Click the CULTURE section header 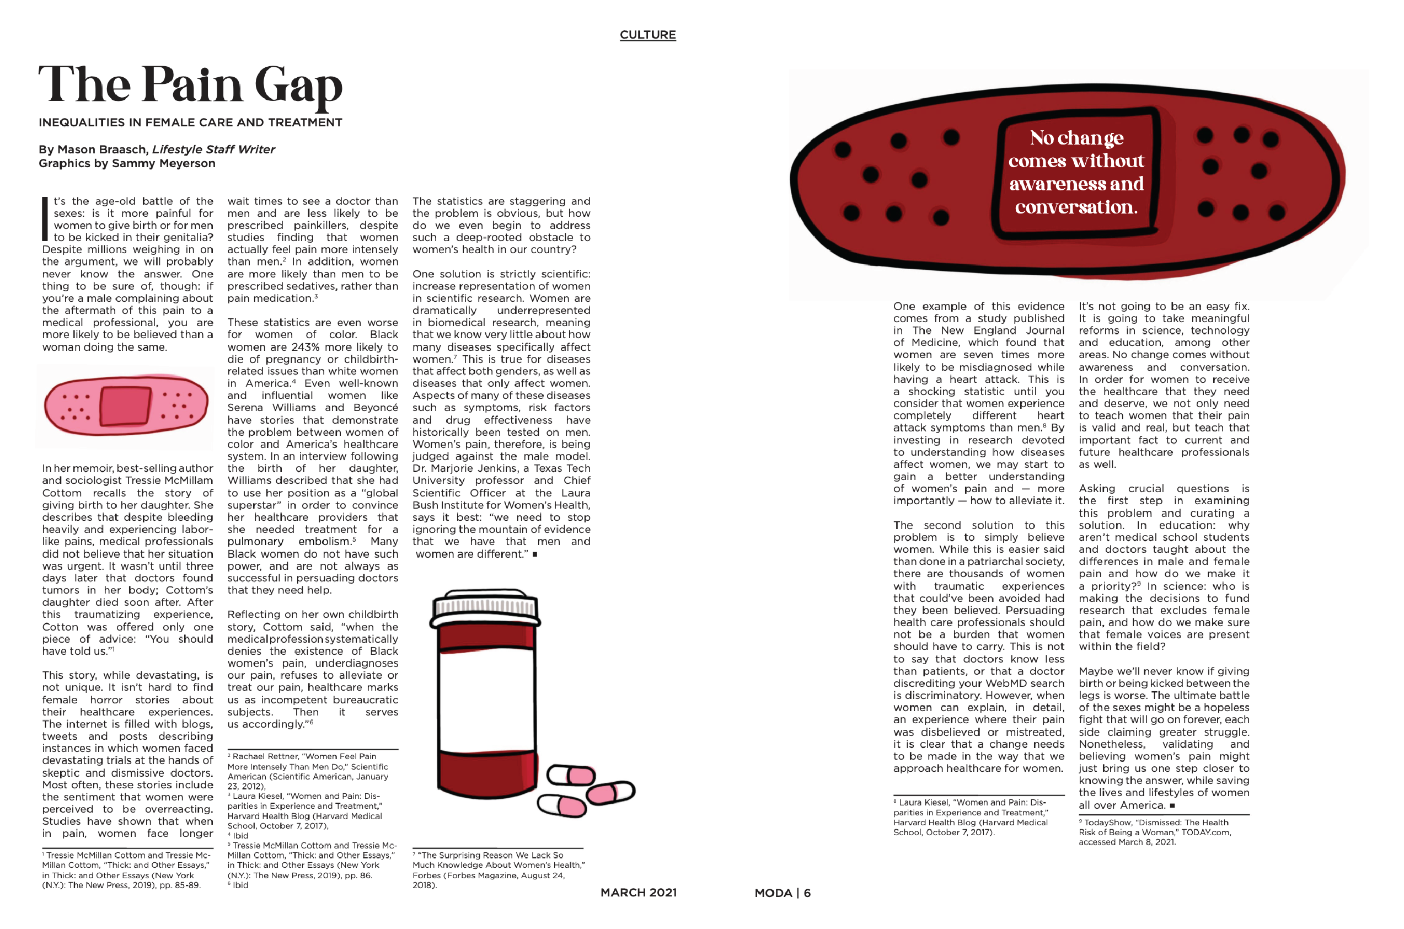click(x=647, y=34)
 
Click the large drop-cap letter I click(x=45, y=219)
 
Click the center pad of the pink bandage click(x=126, y=406)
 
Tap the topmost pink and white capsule click(x=571, y=775)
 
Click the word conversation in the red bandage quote click(x=1075, y=207)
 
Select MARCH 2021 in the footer click(x=639, y=892)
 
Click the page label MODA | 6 click(x=781, y=893)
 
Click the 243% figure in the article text click(x=306, y=347)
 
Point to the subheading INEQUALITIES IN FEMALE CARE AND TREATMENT click(x=190, y=122)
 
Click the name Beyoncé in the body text click(x=376, y=408)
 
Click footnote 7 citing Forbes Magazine click(x=497, y=870)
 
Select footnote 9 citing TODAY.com click(x=1155, y=832)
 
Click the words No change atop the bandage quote click(x=1076, y=138)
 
